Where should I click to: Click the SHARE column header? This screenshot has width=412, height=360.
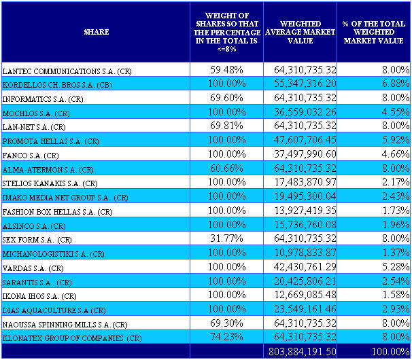point(96,32)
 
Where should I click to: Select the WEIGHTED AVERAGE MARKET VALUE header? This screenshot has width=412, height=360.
point(299,32)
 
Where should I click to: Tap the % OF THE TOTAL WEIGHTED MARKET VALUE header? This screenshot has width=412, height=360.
point(373,32)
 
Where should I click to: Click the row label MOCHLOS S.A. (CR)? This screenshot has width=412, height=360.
point(36,113)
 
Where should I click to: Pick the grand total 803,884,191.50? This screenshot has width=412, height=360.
point(302,352)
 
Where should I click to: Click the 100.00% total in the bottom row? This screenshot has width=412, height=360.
point(390,352)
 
